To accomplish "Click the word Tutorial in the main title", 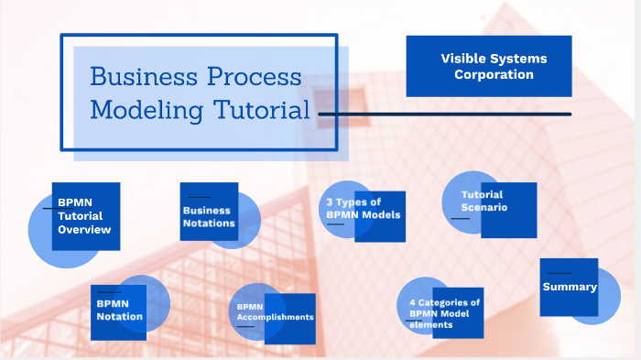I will (262, 110).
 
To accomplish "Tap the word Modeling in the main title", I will (147, 110).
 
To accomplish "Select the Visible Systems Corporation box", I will (488, 66).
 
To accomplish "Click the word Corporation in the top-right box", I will (494, 74).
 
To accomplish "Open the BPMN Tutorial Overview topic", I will (84, 216).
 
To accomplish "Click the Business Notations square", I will (209, 216).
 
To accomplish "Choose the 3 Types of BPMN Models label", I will (364, 208).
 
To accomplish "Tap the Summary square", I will (569, 287).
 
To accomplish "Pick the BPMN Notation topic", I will (119, 309).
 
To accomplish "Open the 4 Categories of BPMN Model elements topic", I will (444, 312).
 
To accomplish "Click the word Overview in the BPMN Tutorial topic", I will (84, 230).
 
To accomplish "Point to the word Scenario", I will (484, 207).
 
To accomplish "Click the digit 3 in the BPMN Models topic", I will (330, 202).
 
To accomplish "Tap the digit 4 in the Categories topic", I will (412, 302).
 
